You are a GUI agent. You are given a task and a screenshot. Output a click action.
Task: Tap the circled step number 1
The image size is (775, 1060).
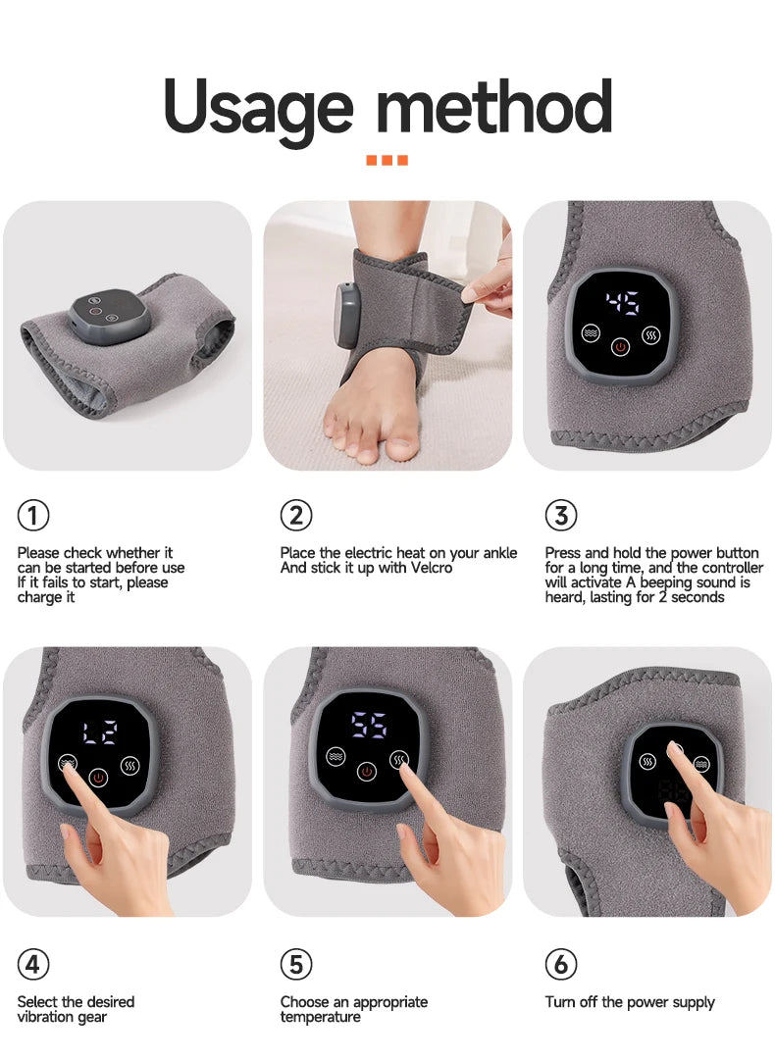pos(33,515)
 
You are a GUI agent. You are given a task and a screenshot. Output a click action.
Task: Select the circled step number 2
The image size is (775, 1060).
pos(296,515)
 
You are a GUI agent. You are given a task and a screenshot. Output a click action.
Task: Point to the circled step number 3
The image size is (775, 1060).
pos(560,515)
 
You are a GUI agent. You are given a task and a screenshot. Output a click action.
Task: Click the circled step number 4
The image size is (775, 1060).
pos(33,965)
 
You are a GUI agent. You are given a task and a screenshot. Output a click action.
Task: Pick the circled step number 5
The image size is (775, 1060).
pos(296,965)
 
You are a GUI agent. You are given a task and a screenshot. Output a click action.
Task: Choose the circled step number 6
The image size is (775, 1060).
pos(560,965)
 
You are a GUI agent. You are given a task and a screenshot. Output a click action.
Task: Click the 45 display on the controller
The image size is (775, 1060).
pos(622,301)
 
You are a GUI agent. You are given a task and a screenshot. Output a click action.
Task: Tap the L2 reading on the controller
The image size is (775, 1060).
pos(98,731)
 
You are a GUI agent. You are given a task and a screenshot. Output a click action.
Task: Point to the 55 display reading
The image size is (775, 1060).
pos(368,726)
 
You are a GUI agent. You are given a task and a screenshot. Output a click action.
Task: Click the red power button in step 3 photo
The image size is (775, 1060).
pos(620,347)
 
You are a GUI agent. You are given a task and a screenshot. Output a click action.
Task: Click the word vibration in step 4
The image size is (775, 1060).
pos(48,1017)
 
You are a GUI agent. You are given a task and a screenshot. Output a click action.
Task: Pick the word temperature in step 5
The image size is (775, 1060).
pos(321,1017)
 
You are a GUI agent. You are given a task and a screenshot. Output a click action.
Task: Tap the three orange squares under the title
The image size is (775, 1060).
pos(387,160)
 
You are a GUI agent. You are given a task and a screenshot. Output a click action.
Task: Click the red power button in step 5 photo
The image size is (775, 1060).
pos(367,772)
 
